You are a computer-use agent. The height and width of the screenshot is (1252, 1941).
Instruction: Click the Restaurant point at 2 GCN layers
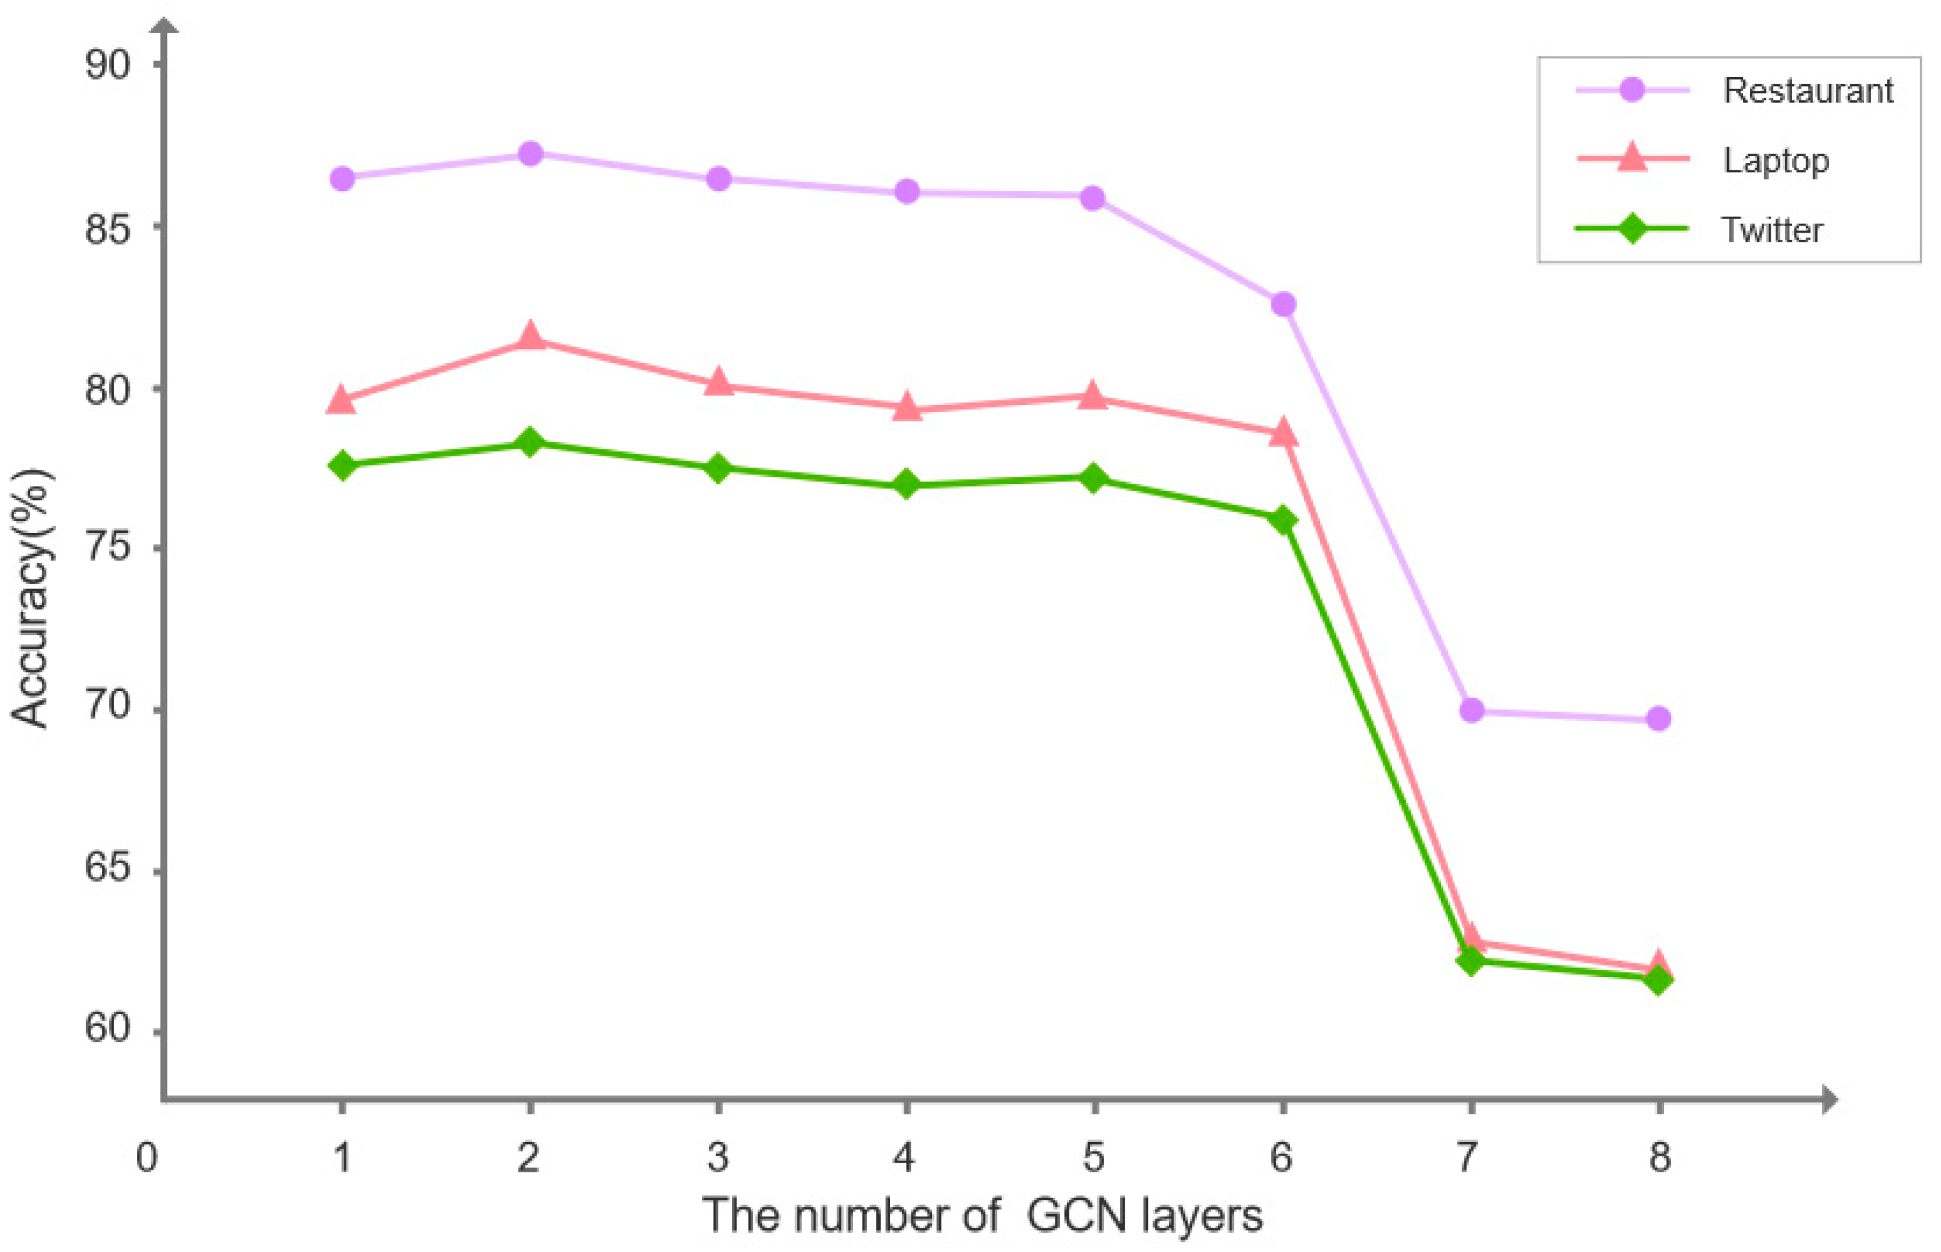click(530, 153)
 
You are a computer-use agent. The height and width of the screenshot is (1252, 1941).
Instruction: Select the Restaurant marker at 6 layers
click(1284, 304)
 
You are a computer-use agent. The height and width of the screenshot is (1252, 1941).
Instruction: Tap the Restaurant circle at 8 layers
click(1659, 719)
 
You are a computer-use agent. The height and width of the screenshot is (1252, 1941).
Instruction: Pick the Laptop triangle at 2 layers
click(530, 335)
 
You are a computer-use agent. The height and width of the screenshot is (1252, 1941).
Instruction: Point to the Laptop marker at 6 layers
click(1284, 433)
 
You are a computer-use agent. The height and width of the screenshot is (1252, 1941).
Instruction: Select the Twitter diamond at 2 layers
click(530, 442)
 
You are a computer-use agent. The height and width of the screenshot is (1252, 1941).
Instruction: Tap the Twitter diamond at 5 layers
click(1094, 478)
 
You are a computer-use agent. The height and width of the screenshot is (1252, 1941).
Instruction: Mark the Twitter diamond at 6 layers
click(1284, 519)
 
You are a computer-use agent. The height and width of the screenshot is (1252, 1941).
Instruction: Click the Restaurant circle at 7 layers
click(1471, 711)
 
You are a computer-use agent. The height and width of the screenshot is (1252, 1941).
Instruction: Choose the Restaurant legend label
click(1808, 90)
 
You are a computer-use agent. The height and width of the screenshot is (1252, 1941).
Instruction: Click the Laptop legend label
click(1776, 161)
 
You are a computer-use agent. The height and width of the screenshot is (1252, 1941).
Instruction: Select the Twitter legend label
click(1772, 230)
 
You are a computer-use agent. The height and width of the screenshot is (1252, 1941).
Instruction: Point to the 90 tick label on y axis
click(107, 64)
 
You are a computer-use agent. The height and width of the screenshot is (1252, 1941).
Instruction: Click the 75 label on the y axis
click(107, 547)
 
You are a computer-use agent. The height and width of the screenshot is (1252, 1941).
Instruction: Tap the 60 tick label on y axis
click(107, 1028)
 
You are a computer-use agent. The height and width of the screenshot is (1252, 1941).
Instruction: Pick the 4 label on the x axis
click(906, 1157)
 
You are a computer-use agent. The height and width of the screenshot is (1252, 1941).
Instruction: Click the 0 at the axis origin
click(147, 1157)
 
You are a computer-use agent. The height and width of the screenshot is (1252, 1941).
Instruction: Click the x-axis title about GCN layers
click(982, 1216)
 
